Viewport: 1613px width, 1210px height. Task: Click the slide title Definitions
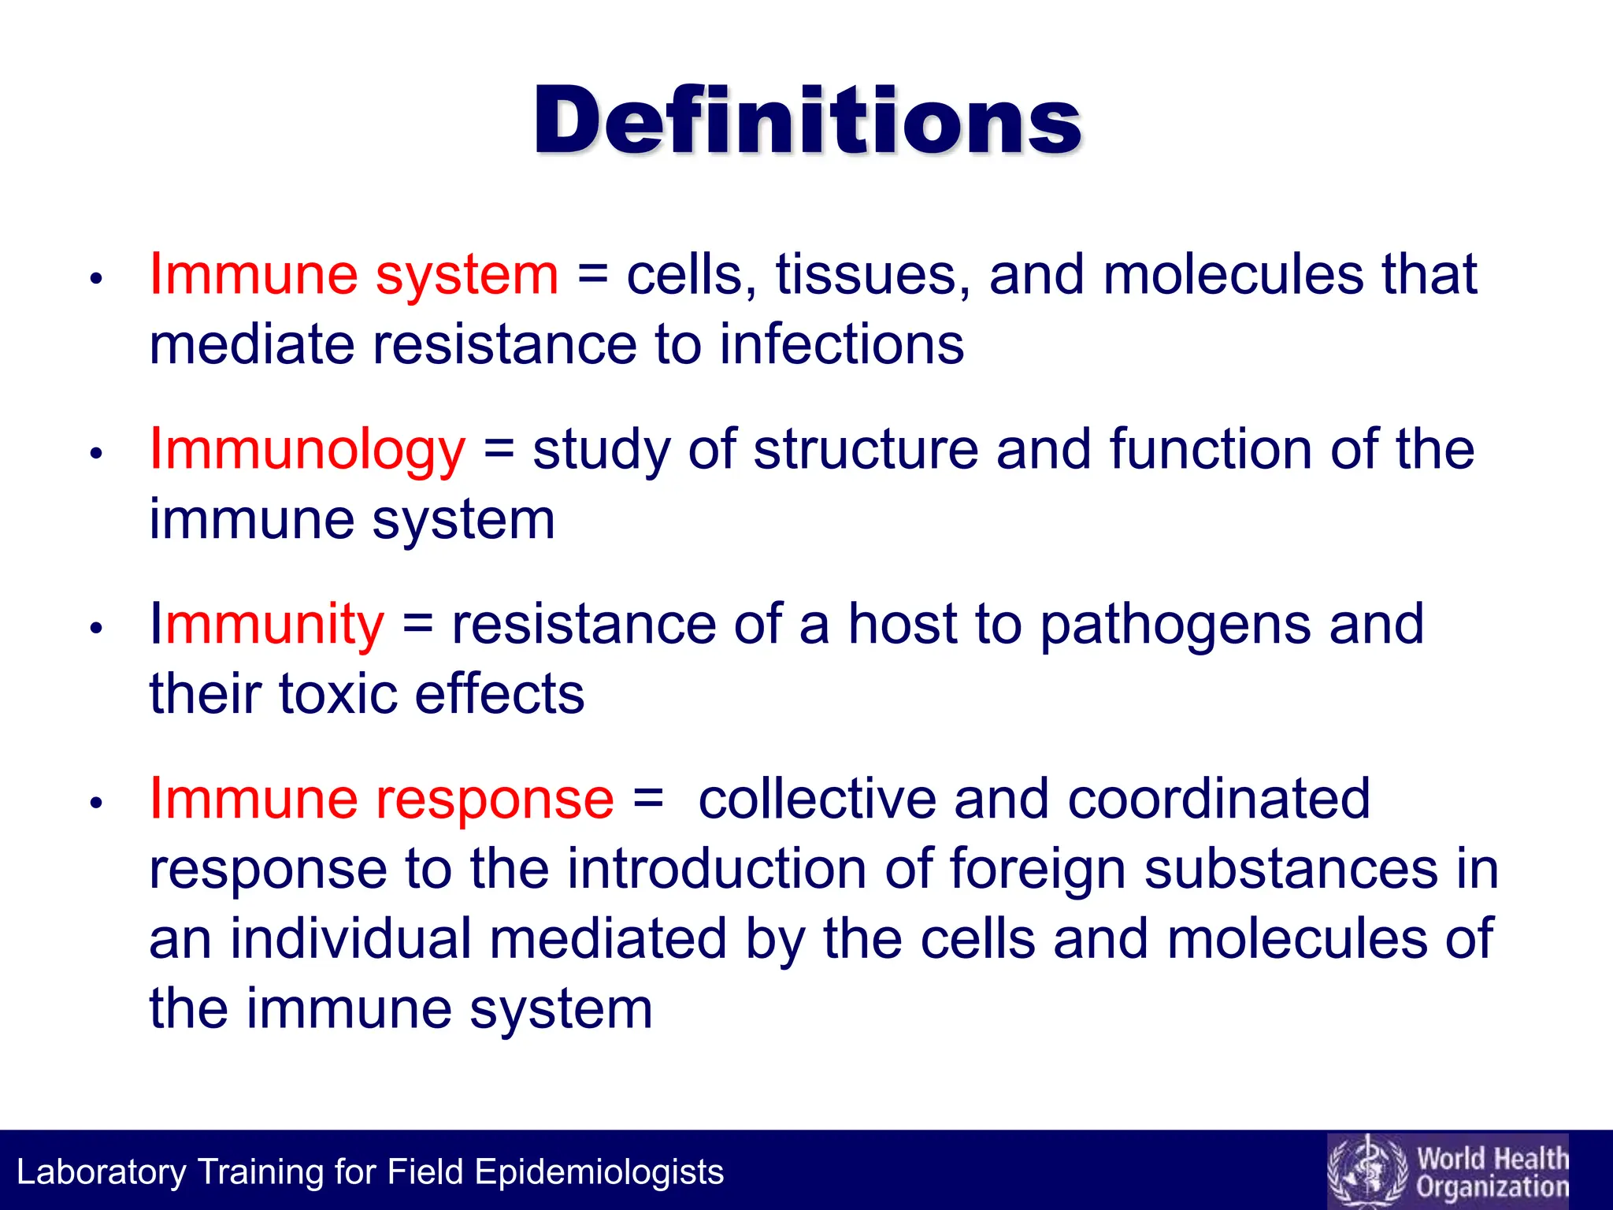[807, 121]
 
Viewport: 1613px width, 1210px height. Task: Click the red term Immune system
[354, 275]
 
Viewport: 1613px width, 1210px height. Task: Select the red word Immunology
[307, 450]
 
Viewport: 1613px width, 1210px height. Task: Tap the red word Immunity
[267, 625]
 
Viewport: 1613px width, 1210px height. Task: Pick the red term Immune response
[381, 800]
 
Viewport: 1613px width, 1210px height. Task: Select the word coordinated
[1218, 800]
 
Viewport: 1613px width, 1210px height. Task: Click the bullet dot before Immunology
[96, 454]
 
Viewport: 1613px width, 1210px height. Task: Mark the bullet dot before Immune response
[96, 804]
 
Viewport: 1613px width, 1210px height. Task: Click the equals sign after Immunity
[417, 625]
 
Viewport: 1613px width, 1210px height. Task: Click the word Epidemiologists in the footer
[599, 1172]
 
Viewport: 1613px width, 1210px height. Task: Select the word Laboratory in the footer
[101, 1172]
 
